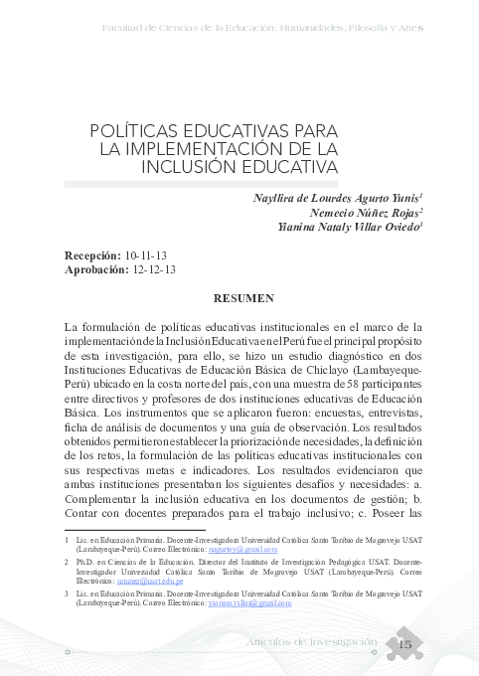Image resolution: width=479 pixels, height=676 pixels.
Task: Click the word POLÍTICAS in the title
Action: click(x=135, y=130)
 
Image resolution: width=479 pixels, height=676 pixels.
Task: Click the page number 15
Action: click(x=404, y=645)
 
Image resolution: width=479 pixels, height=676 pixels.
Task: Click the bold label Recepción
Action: click(x=93, y=255)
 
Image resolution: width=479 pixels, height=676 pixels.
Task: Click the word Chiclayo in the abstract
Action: click(x=323, y=395)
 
